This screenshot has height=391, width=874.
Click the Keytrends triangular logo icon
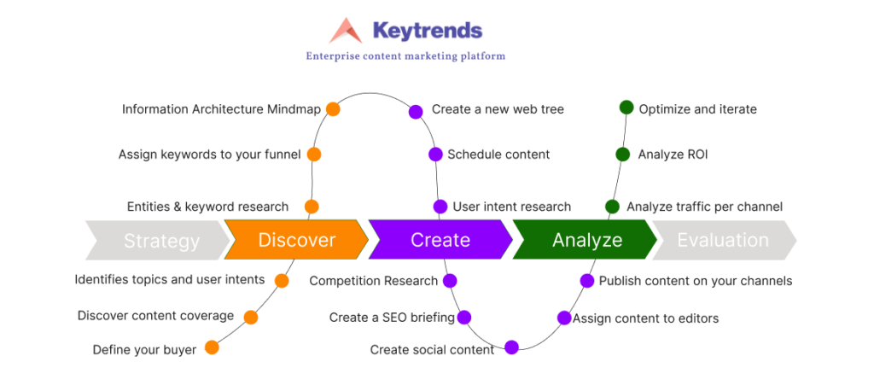[346, 31]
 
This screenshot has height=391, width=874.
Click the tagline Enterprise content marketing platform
[405, 56]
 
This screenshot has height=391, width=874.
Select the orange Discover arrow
[296, 240]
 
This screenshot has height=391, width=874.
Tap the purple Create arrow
[440, 240]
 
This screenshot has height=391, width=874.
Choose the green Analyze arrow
[585, 240]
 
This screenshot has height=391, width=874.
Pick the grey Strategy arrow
[158, 240]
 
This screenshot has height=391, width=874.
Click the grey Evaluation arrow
[725, 240]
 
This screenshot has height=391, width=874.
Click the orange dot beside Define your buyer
[212, 347]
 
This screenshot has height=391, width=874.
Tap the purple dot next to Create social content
[512, 347]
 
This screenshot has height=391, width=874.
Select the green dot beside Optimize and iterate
[626, 107]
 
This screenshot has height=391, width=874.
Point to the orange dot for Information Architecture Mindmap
[333, 108]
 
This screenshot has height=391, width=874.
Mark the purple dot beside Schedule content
[435, 155]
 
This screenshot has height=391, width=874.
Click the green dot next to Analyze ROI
[622, 155]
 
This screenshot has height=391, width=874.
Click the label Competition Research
[374, 281]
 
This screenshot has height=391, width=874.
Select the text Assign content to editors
[646, 318]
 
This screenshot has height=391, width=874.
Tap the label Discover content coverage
[155, 316]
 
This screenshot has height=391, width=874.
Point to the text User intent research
[512, 207]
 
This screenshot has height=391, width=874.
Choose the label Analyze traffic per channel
[704, 207]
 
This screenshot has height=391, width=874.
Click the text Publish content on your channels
[696, 281]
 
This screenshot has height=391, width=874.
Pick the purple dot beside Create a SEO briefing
[464, 318]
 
